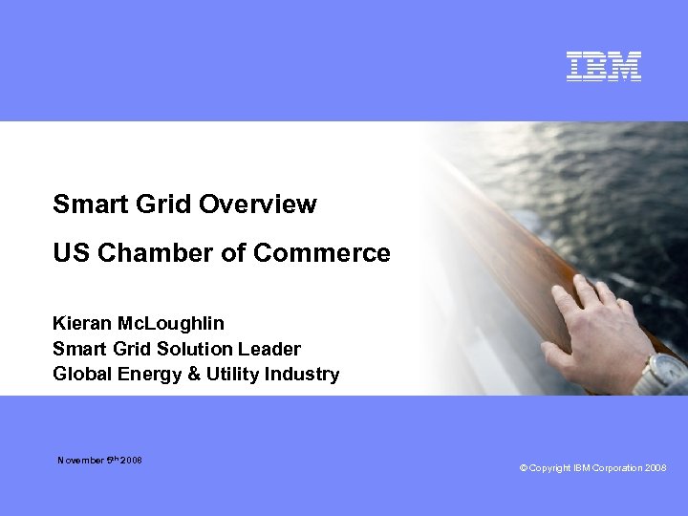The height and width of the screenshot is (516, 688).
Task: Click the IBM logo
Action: [x=603, y=66]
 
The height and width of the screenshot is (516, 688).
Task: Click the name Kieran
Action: [x=80, y=323]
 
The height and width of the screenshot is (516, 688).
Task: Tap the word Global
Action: [x=82, y=374]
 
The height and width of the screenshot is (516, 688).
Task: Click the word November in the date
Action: [x=81, y=461]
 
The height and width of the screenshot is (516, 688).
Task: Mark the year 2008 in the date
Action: [x=132, y=461]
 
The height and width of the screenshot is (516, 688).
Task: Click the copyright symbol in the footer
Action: [x=524, y=468]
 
